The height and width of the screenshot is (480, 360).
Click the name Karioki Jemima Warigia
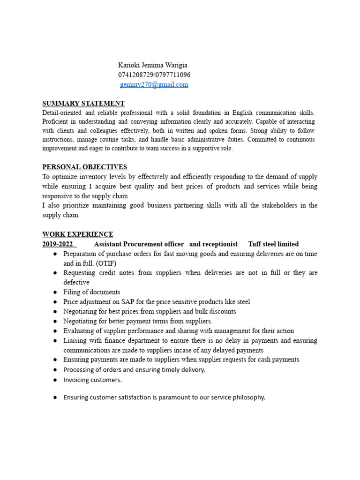152,65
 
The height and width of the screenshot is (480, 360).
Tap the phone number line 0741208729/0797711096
154,75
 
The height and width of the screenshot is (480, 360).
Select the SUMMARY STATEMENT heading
83,104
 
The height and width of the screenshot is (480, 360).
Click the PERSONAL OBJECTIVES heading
84,167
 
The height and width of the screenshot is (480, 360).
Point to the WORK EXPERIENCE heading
77,234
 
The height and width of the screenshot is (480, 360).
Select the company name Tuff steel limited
273,244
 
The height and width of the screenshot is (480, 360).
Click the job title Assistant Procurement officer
140,244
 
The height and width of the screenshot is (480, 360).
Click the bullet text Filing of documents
92,292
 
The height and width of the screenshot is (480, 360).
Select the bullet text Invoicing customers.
92,380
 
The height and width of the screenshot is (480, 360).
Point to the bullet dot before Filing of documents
55,292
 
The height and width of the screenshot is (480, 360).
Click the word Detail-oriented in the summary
61,113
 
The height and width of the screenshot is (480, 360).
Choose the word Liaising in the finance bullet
75,340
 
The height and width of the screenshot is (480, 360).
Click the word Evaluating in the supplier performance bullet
78,331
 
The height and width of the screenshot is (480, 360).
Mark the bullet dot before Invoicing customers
55,380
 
